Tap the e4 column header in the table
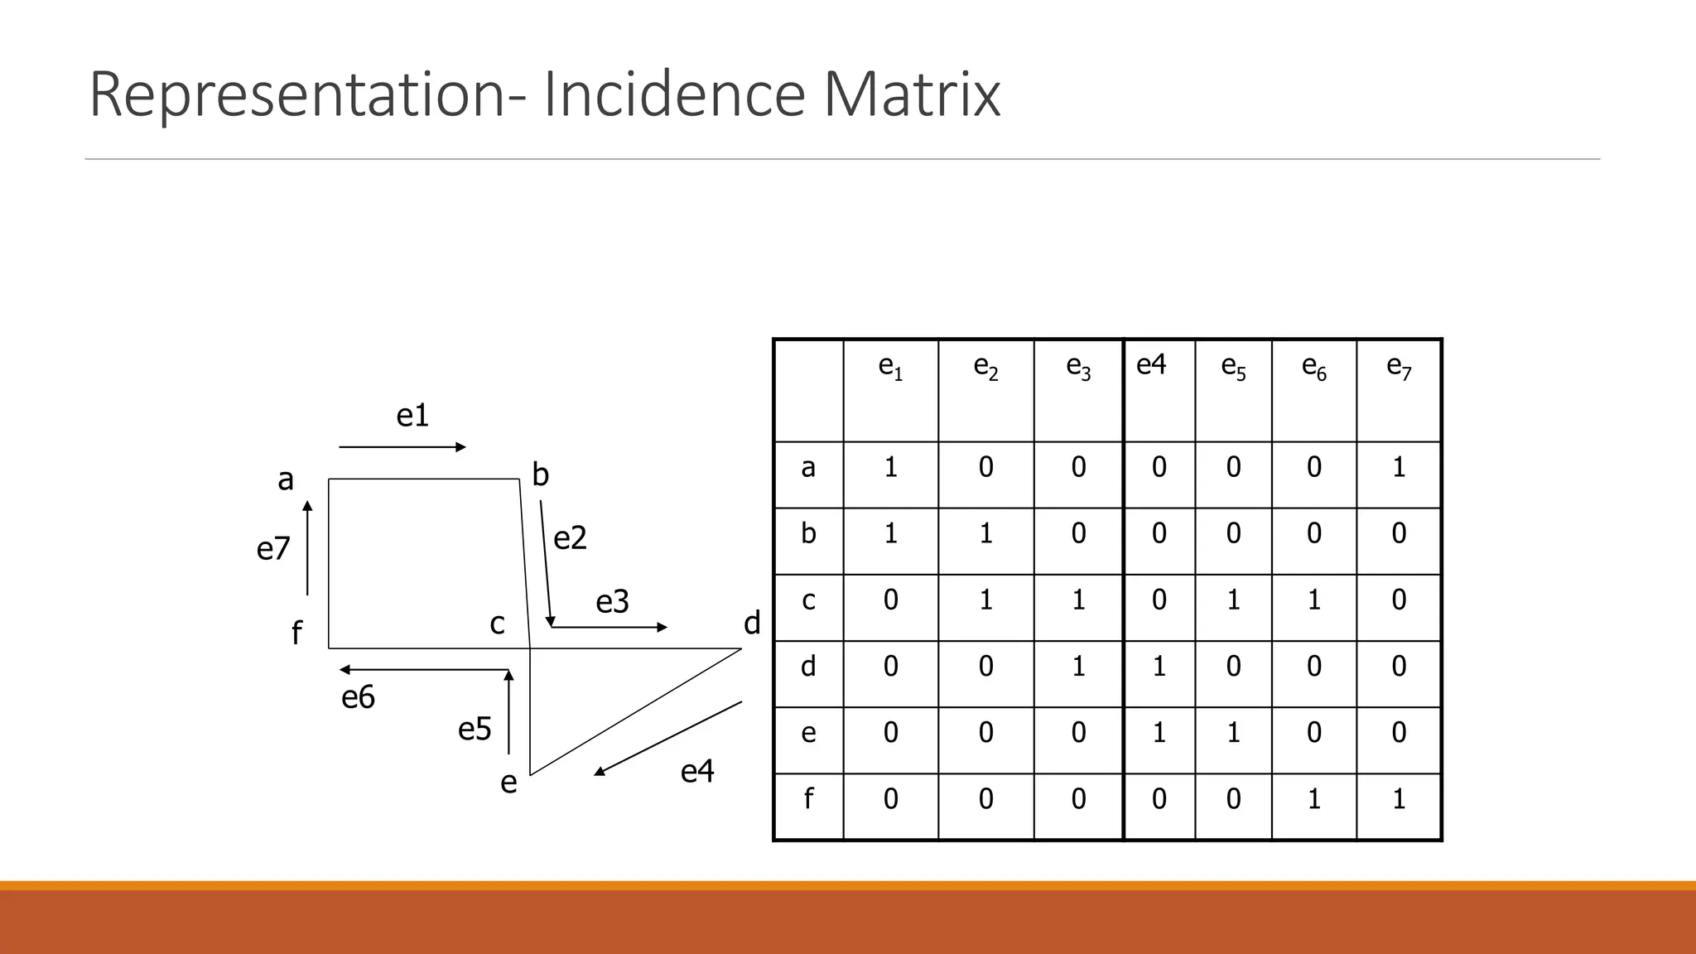point(1151,364)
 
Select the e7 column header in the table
point(1399,367)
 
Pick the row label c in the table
point(808,600)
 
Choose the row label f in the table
point(808,799)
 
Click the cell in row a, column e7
point(1399,468)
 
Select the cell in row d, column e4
point(1159,667)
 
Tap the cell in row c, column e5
point(1233,600)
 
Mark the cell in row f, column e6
point(1314,799)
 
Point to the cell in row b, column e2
point(985,533)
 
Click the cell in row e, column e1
point(890,733)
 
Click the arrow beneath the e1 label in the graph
point(402,447)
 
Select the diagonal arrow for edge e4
point(667,739)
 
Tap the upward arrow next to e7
point(307,548)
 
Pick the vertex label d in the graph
point(752,623)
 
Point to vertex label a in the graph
point(286,479)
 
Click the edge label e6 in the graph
point(358,698)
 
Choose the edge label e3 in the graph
point(613,602)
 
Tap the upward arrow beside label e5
point(508,712)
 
